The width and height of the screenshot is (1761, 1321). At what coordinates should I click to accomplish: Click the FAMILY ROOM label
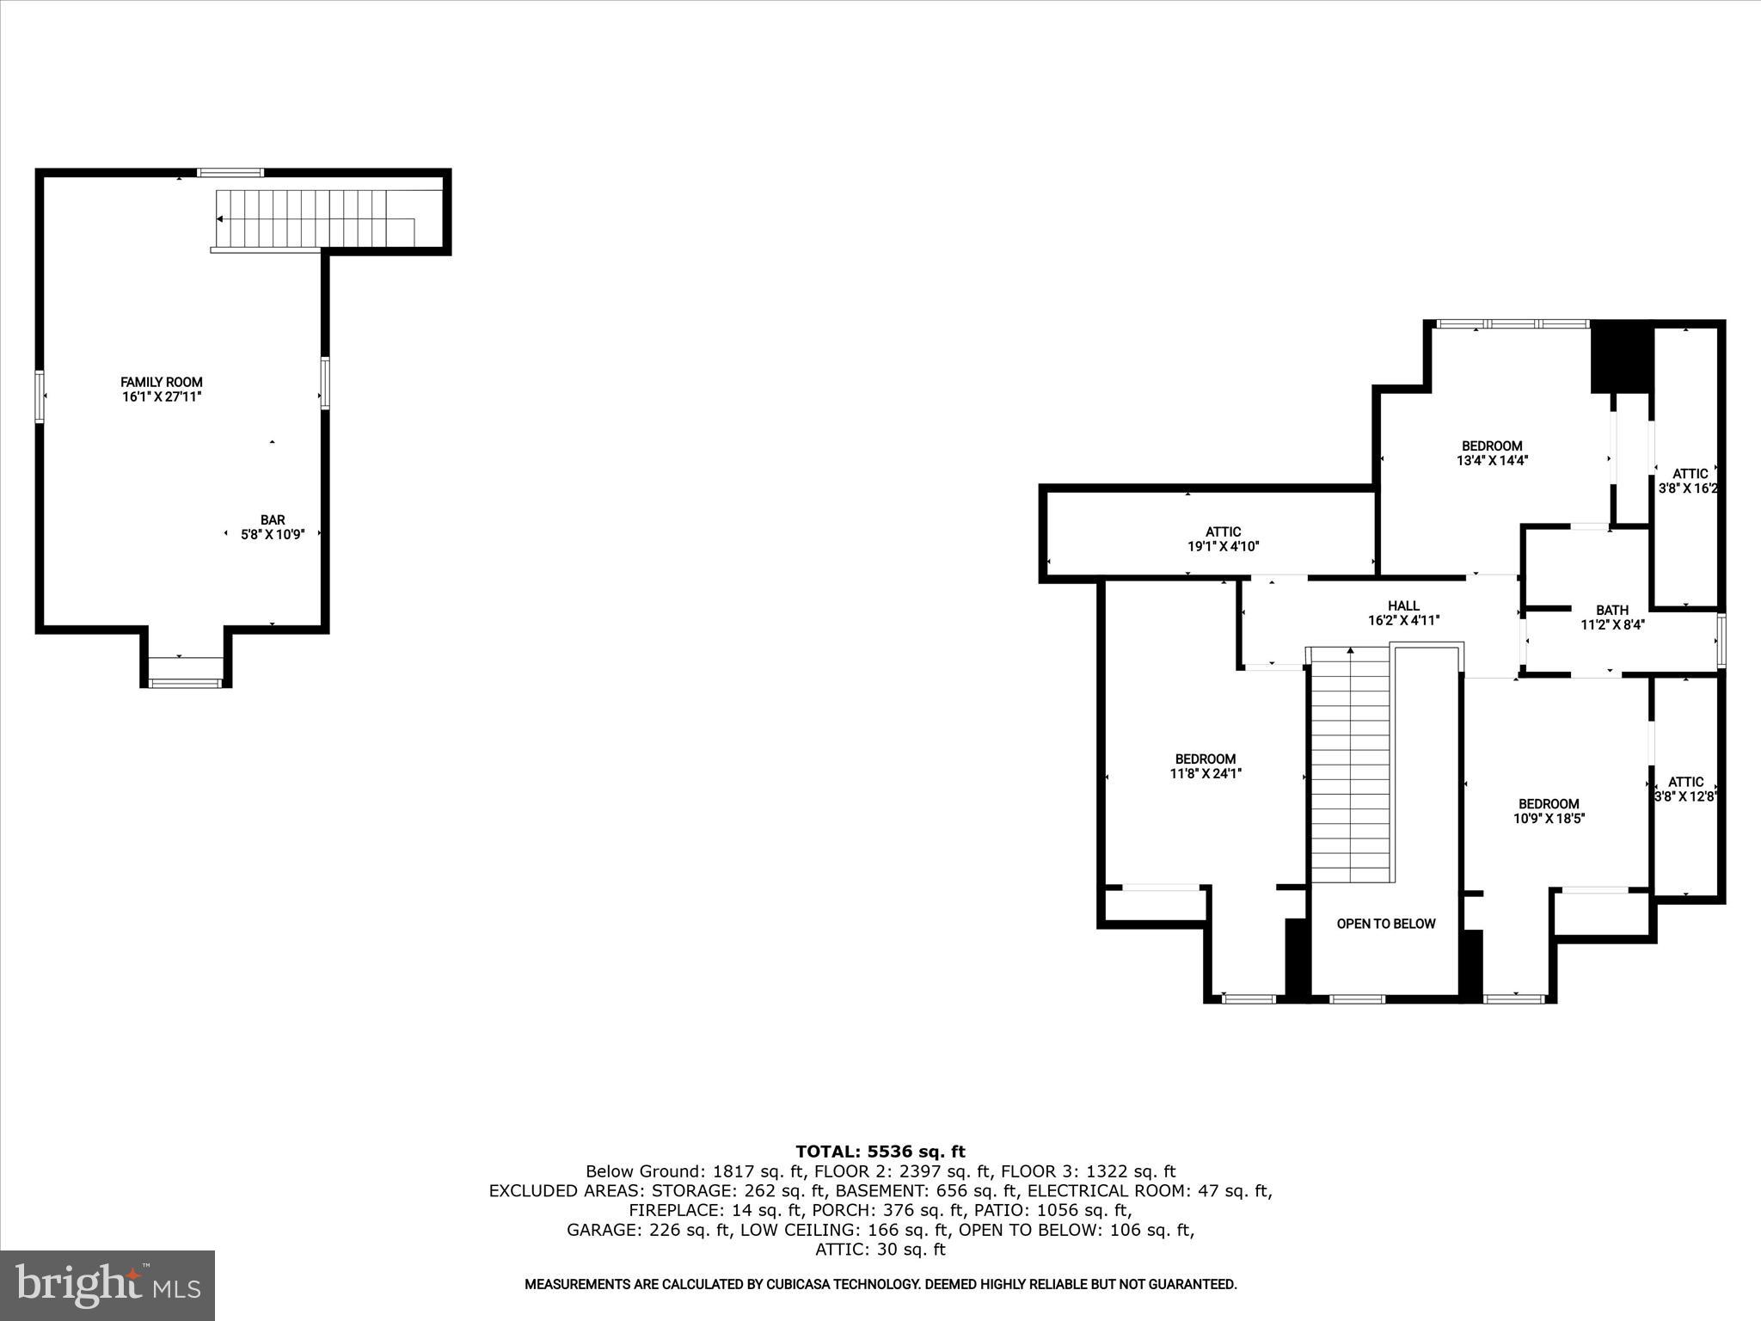click(161, 382)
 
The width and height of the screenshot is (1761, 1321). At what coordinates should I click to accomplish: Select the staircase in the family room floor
click(318, 219)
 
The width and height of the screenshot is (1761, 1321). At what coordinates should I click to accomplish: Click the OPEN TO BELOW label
click(1385, 924)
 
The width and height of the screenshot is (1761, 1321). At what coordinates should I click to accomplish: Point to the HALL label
click(1403, 605)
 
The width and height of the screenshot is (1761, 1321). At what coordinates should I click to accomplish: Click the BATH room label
click(1612, 611)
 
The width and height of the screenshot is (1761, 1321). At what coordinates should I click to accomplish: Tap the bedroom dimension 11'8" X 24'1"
click(1205, 774)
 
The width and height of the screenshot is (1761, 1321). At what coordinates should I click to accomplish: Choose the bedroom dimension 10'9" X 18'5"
click(1549, 819)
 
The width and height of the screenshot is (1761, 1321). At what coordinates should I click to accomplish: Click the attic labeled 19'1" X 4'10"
click(1223, 539)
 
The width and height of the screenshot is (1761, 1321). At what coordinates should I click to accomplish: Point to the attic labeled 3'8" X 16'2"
click(1689, 481)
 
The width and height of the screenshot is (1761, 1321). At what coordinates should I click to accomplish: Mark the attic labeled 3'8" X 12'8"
click(1684, 790)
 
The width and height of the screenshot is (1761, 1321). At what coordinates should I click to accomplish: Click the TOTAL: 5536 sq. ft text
click(880, 1152)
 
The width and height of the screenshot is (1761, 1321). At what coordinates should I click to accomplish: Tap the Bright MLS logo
click(107, 1285)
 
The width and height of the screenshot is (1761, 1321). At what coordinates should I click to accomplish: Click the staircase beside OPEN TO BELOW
click(1351, 765)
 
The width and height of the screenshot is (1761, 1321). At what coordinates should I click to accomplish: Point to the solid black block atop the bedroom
click(1622, 356)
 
